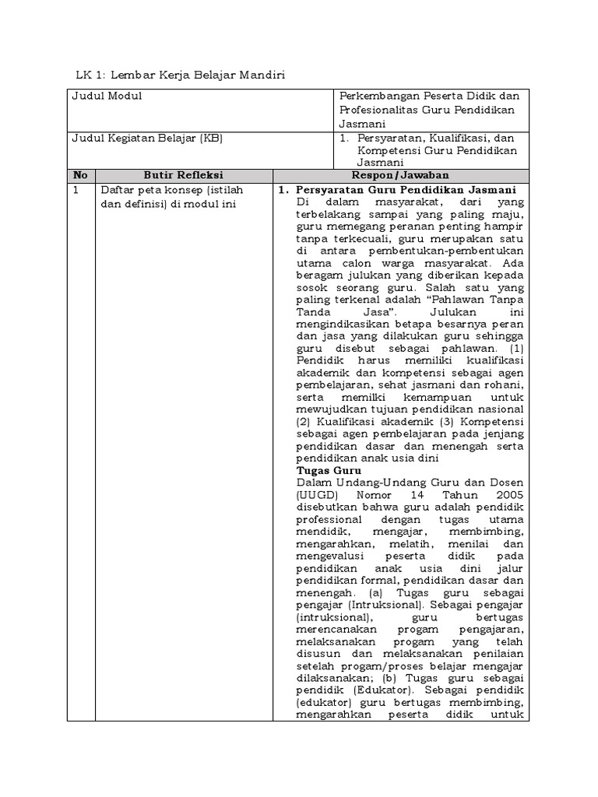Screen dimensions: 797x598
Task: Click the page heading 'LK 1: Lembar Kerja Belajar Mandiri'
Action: (181, 75)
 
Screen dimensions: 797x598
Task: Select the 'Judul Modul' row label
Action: (107, 96)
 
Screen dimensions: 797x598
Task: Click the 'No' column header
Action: (79, 175)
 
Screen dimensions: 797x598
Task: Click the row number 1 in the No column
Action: (76, 190)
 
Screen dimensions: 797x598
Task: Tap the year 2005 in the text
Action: (508, 495)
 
